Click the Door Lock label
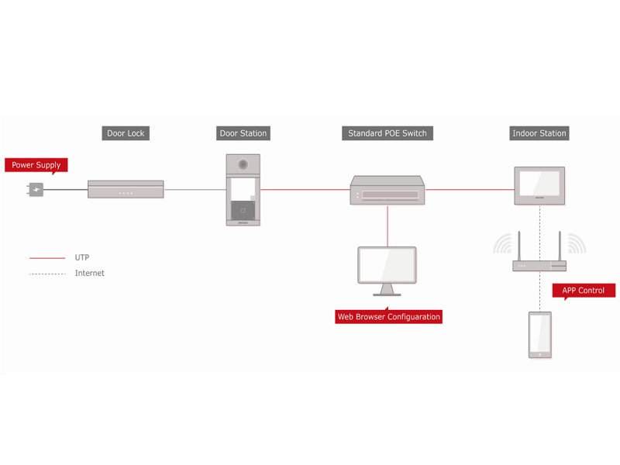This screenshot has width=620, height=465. (126, 133)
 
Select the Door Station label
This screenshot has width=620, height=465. (243, 133)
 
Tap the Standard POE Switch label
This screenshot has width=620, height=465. (387, 133)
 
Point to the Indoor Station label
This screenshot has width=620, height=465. (539, 133)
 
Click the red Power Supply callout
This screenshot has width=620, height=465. (36, 165)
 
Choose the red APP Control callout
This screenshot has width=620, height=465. (584, 290)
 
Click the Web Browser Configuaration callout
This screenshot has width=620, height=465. (389, 316)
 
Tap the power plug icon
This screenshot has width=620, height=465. (36, 189)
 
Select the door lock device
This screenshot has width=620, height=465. (126, 189)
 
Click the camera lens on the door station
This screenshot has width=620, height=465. (243, 164)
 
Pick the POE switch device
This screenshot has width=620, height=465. (387, 190)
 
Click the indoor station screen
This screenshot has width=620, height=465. (539, 183)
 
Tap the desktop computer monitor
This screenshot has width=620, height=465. (387, 270)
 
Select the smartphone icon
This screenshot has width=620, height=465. (540, 335)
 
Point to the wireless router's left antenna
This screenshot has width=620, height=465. (519, 246)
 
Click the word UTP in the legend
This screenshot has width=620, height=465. (82, 257)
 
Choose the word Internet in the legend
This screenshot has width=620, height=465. (90, 274)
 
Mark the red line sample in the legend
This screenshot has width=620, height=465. (47, 258)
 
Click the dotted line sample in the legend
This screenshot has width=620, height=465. (47, 274)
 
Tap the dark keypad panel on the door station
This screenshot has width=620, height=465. (243, 210)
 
